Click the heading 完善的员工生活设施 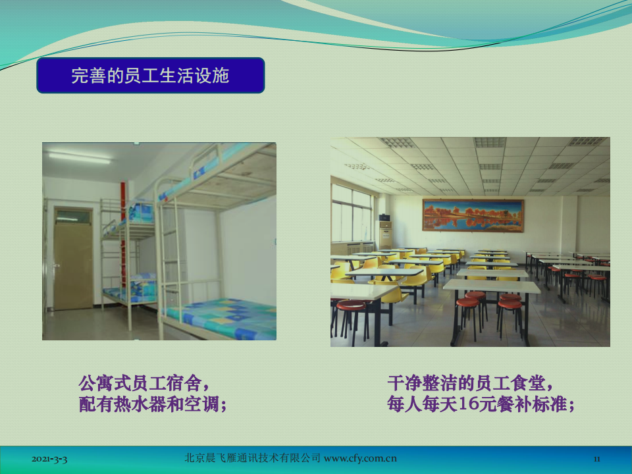click(x=150, y=75)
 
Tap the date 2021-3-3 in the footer click(x=49, y=459)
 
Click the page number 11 click(x=597, y=459)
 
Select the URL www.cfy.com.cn click(x=360, y=458)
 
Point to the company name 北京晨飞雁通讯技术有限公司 click(x=252, y=458)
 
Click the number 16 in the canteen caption click(x=469, y=404)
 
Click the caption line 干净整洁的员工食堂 click(x=466, y=383)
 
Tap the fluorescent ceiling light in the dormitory click(x=80, y=157)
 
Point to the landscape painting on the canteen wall click(x=473, y=215)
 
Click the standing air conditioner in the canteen click(x=385, y=234)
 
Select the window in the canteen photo click(x=352, y=213)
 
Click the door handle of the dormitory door click(x=57, y=265)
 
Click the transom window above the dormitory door click(x=73, y=217)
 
